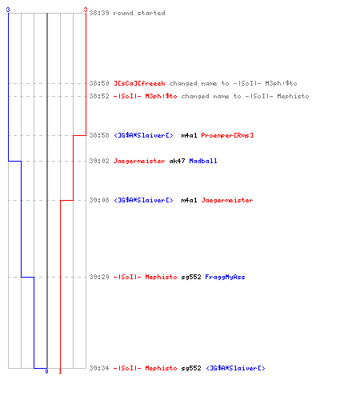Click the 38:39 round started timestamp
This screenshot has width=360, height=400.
[99, 13]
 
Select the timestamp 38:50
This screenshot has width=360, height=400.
[99, 83]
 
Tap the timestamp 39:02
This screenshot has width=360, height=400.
[99, 161]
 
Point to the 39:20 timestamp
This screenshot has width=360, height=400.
[99, 277]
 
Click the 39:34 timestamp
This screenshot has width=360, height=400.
[99, 368]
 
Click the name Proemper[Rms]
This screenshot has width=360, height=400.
[227, 135]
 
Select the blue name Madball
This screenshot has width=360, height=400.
[203, 161]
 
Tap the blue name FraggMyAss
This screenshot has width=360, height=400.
[225, 277]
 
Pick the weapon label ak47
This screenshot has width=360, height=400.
[177, 161]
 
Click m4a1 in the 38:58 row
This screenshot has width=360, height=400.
[189, 135]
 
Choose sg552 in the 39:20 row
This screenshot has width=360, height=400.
[191, 277]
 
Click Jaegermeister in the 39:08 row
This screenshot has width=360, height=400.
[227, 200]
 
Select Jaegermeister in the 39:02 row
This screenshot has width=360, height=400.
[139, 161]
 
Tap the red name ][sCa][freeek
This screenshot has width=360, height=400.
[139, 83]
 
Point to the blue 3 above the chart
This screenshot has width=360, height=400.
[8, 10]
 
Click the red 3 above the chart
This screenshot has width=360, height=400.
[86, 10]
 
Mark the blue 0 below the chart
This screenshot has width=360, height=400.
[46, 371]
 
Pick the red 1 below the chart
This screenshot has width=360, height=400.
[60, 371]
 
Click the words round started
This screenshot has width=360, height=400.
[139, 13]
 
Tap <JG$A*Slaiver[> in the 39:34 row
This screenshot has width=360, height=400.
[236, 368]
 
